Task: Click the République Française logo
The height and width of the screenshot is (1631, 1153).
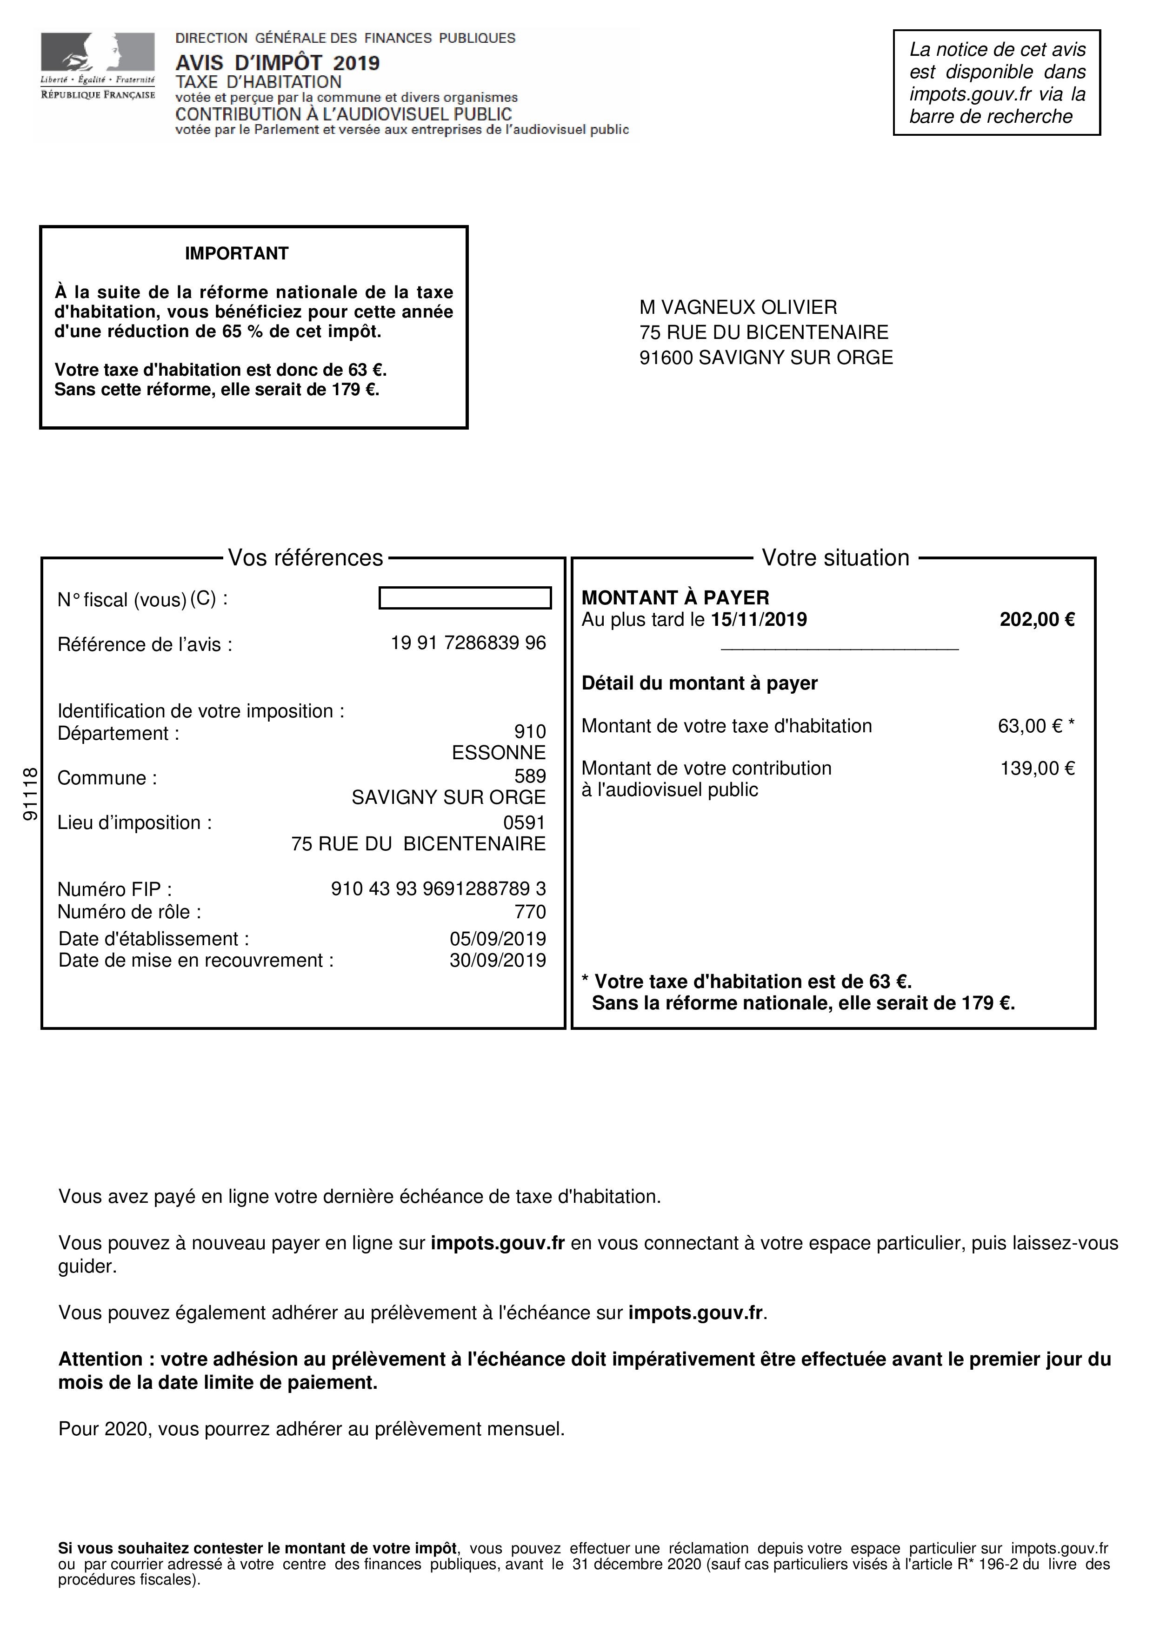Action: tap(97, 66)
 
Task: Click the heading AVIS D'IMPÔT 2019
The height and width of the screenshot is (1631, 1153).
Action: tap(277, 63)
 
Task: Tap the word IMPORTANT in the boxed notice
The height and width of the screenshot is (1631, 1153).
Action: tap(237, 253)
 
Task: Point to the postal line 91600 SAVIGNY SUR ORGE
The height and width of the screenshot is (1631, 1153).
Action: tap(766, 358)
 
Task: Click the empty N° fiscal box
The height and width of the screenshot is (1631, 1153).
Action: tap(465, 598)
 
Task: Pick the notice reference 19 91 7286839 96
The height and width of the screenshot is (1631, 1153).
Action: tap(468, 643)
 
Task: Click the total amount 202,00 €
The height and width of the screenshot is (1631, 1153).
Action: tap(1037, 619)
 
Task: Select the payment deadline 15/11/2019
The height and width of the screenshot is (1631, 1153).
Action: tap(759, 619)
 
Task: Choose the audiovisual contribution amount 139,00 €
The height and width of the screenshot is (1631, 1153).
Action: tap(1037, 768)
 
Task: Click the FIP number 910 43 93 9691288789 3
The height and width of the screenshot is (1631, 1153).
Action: tap(438, 888)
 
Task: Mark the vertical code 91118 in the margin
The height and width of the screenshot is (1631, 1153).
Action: tap(30, 794)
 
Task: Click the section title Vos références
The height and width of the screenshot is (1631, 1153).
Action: tap(306, 557)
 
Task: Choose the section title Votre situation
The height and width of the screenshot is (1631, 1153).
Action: tap(835, 557)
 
